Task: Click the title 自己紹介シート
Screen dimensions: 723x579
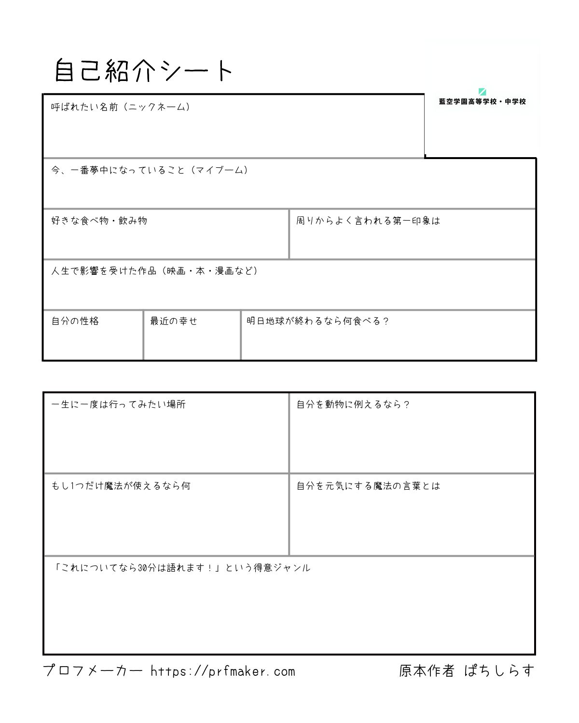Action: pos(144,71)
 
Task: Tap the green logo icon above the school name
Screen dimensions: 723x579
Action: pos(482,92)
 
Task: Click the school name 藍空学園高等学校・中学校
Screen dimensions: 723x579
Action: pos(482,102)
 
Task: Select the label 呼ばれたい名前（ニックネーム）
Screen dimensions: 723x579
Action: pos(121,107)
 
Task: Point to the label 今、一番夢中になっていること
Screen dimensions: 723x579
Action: pos(150,170)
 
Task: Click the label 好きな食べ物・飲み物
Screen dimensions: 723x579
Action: pos(99,221)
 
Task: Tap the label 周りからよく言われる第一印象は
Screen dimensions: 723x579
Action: pos(368,221)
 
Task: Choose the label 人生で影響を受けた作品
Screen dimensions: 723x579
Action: pos(155,271)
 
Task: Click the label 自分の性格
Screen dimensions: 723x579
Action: pos(75,321)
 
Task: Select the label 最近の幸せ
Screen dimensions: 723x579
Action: pos(174,321)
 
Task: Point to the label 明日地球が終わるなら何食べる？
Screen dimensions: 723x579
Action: pos(318,321)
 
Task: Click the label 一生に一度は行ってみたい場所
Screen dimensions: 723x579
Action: pos(119,404)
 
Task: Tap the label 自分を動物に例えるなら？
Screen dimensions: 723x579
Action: pos(353,404)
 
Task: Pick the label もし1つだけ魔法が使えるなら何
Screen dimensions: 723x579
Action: pos(121,486)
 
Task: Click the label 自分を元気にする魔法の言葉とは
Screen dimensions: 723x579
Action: pos(368,486)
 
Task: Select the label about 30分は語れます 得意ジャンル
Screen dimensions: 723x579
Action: pos(181,568)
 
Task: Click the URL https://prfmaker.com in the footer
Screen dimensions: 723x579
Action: pos(222,671)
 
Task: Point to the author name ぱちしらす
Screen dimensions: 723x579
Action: pos(499,670)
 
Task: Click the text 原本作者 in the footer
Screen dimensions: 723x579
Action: pos(427,670)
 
